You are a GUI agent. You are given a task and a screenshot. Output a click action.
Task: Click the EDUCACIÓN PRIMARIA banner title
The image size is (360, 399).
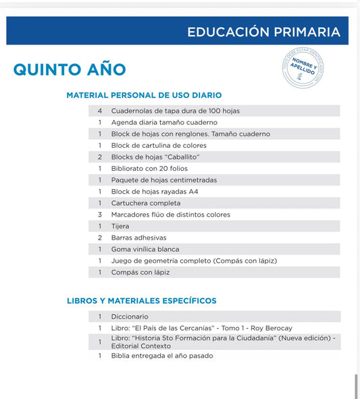(x=263, y=32)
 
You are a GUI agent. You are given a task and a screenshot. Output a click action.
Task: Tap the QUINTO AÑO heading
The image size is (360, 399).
(x=70, y=70)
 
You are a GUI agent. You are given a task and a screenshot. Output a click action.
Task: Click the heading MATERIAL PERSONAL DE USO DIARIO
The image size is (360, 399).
(x=144, y=96)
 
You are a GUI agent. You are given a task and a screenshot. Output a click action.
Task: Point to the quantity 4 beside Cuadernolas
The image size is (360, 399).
(x=100, y=111)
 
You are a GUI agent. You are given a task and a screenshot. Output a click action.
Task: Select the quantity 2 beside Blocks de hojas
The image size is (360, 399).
(x=100, y=157)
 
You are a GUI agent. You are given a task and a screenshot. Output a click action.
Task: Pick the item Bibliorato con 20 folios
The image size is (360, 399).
(x=149, y=168)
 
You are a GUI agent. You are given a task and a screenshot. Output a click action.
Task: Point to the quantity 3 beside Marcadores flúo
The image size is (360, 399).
(x=100, y=215)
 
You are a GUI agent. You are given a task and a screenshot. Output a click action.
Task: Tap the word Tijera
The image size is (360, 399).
(x=120, y=226)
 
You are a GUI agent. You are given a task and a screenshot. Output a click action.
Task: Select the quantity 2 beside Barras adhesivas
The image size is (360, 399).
(x=100, y=238)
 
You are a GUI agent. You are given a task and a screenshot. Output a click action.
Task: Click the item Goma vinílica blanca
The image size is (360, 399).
(x=145, y=249)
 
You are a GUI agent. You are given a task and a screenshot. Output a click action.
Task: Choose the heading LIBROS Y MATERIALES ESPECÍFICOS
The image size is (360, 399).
(x=141, y=300)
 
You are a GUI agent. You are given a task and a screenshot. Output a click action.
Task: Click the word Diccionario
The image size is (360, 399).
(x=130, y=316)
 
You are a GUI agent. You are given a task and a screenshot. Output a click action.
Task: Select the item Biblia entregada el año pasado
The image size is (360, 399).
(x=162, y=355)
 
